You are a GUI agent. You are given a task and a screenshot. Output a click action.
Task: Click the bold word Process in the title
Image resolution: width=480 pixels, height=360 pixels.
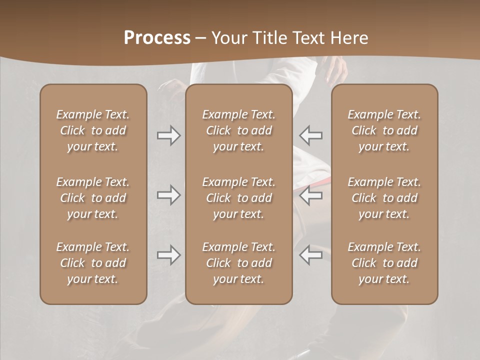(x=157, y=38)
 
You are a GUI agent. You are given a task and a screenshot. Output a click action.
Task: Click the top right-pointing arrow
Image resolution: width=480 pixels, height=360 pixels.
(x=169, y=135)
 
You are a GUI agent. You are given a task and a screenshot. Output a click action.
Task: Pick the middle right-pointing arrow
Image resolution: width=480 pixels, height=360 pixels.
(x=169, y=194)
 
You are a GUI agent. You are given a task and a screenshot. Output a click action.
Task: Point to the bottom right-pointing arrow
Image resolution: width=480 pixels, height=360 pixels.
(x=169, y=255)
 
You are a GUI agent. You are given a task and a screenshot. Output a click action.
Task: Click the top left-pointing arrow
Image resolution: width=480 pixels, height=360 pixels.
(x=310, y=135)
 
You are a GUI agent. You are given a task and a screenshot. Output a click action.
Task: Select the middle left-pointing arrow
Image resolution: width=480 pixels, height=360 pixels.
(x=310, y=194)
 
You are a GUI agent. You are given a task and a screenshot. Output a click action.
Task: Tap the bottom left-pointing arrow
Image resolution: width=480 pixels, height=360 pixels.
(x=310, y=255)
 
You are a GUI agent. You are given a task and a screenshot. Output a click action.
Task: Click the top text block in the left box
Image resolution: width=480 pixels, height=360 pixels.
(x=93, y=130)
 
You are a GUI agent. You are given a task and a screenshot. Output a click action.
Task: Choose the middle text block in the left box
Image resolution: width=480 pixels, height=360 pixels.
(x=93, y=198)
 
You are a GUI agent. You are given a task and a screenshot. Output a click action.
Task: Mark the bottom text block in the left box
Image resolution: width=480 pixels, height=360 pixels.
(x=93, y=263)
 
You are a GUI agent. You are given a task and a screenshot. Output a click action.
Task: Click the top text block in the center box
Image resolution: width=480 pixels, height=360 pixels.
(x=238, y=130)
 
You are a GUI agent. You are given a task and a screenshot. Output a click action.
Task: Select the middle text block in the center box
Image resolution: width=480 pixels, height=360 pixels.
(x=238, y=198)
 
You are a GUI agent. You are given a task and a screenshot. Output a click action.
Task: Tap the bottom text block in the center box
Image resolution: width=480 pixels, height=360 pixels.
(x=238, y=263)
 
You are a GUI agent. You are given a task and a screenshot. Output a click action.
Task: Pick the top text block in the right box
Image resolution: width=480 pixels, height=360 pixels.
(x=384, y=130)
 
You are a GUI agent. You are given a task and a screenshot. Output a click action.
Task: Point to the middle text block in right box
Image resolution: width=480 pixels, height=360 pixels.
(x=384, y=198)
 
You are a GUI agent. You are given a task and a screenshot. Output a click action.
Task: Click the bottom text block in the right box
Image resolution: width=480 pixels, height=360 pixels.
(x=384, y=263)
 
